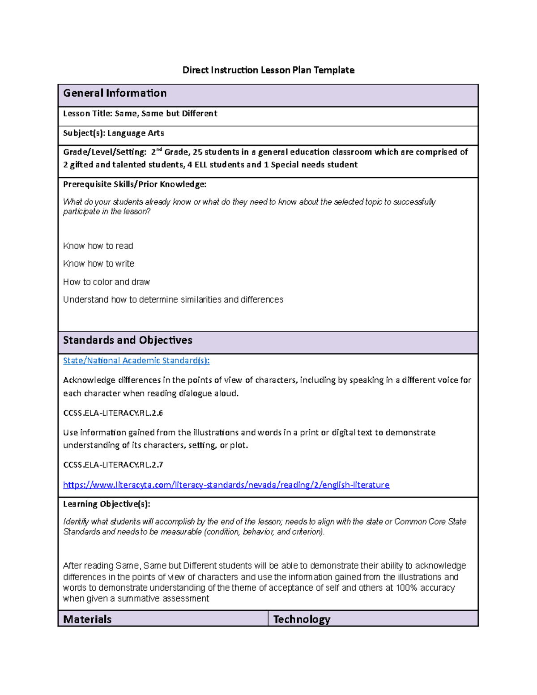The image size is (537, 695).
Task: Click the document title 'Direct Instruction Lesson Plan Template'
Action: tap(268, 70)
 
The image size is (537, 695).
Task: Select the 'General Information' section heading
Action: tap(115, 93)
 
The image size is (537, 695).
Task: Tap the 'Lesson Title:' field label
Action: tap(88, 114)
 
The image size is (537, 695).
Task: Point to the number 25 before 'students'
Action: tap(197, 152)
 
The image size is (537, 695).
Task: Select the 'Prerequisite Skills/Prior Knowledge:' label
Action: tap(135, 184)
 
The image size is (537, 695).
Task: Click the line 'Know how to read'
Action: tap(98, 246)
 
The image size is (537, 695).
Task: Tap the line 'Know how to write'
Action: tap(98, 264)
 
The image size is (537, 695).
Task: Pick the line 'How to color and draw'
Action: tap(107, 282)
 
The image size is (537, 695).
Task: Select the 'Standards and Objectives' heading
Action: tap(128, 340)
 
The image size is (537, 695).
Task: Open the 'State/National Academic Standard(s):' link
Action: tap(136, 360)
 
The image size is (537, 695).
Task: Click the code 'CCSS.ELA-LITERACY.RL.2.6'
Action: tap(113, 413)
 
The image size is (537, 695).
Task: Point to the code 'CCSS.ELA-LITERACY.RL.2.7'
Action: tap(113, 465)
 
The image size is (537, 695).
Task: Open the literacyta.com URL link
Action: tap(226, 485)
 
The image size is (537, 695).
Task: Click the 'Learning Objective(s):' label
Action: tap(107, 504)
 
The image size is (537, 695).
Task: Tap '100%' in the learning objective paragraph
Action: tap(406, 588)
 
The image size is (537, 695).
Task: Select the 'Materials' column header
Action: tap(87, 619)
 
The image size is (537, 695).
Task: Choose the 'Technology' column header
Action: tap(302, 619)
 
